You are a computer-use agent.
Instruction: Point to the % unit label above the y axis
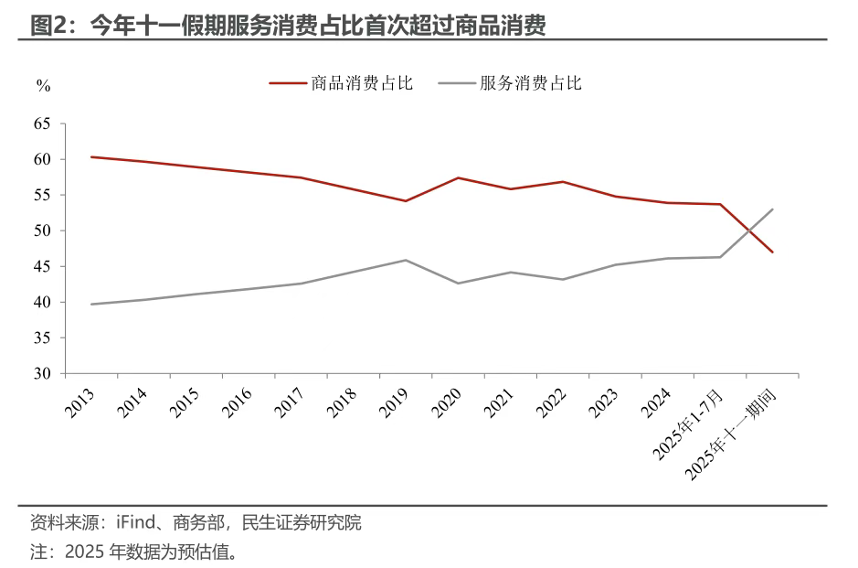coord(43,85)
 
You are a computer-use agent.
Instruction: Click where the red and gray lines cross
coord(748,230)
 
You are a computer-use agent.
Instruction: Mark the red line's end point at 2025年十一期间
coord(773,252)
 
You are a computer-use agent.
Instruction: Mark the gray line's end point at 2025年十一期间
coord(773,209)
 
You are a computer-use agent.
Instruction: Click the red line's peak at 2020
coord(458,177)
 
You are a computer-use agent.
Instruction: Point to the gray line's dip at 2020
coord(458,284)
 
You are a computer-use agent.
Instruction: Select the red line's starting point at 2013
coord(90,156)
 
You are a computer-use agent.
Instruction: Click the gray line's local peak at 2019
coord(406,260)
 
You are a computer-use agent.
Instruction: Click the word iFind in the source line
coord(133,523)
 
